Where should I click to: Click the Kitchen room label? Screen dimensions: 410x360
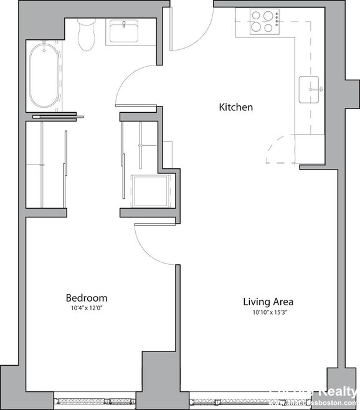235,107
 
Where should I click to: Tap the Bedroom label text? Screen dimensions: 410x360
87,298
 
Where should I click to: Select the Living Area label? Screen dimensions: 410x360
268,302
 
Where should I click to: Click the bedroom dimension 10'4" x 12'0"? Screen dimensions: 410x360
87,308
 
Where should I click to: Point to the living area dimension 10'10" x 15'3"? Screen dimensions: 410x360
268,312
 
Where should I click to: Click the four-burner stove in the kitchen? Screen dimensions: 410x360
265,21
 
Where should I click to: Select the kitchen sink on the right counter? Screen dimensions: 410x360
311,90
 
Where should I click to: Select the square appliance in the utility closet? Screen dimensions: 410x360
149,190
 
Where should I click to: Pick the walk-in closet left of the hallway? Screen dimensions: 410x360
45,165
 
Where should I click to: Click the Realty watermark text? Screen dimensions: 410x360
336,392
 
